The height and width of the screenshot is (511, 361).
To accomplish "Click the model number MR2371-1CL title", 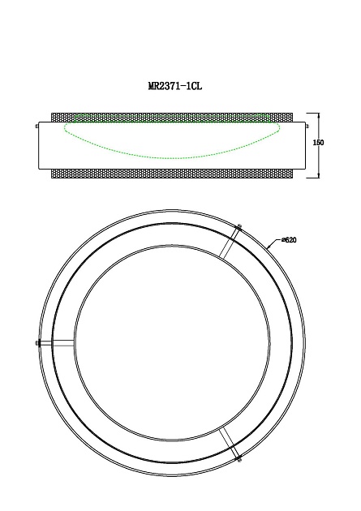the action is click(175, 86).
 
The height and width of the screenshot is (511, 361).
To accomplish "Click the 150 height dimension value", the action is click(318, 143).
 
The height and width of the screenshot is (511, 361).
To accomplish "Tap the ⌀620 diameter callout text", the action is click(289, 240).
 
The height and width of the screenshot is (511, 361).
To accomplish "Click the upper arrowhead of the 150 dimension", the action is click(318, 115).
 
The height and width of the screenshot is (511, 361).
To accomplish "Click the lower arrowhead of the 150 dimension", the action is click(318, 176).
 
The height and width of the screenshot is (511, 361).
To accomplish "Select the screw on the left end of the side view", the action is click(37, 126).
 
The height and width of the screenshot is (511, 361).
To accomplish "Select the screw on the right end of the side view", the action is click(308, 126).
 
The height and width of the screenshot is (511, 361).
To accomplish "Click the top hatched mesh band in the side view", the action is click(172, 118).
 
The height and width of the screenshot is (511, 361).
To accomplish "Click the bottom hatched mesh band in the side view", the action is click(172, 174).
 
